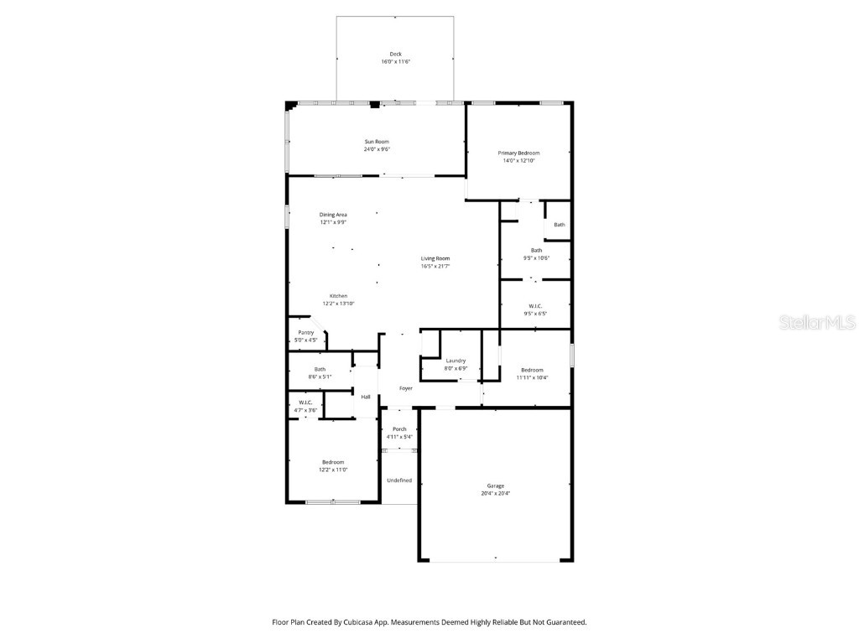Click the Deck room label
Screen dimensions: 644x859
[x=395, y=54]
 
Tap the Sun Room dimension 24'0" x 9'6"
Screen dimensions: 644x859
[x=377, y=149]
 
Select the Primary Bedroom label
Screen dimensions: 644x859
[x=518, y=153]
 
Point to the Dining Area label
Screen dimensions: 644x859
[x=333, y=215]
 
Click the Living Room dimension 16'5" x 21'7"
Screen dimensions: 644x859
[x=435, y=266]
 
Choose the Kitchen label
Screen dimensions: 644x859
[x=338, y=296]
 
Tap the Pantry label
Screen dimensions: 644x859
[x=306, y=333]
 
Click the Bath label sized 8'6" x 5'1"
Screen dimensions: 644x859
[x=320, y=369]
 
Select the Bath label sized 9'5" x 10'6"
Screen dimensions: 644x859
[x=536, y=250]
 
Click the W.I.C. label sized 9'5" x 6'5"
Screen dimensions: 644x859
[x=535, y=306]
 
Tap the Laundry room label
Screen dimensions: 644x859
[x=456, y=361]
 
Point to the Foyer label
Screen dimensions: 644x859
[x=405, y=388]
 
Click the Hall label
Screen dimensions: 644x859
[x=366, y=397]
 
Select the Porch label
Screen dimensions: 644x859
[x=399, y=429]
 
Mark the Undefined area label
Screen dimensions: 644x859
[x=399, y=480]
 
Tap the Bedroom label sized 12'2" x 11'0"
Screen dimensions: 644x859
[x=333, y=462]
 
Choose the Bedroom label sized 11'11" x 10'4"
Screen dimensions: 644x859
[x=532, y=370]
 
